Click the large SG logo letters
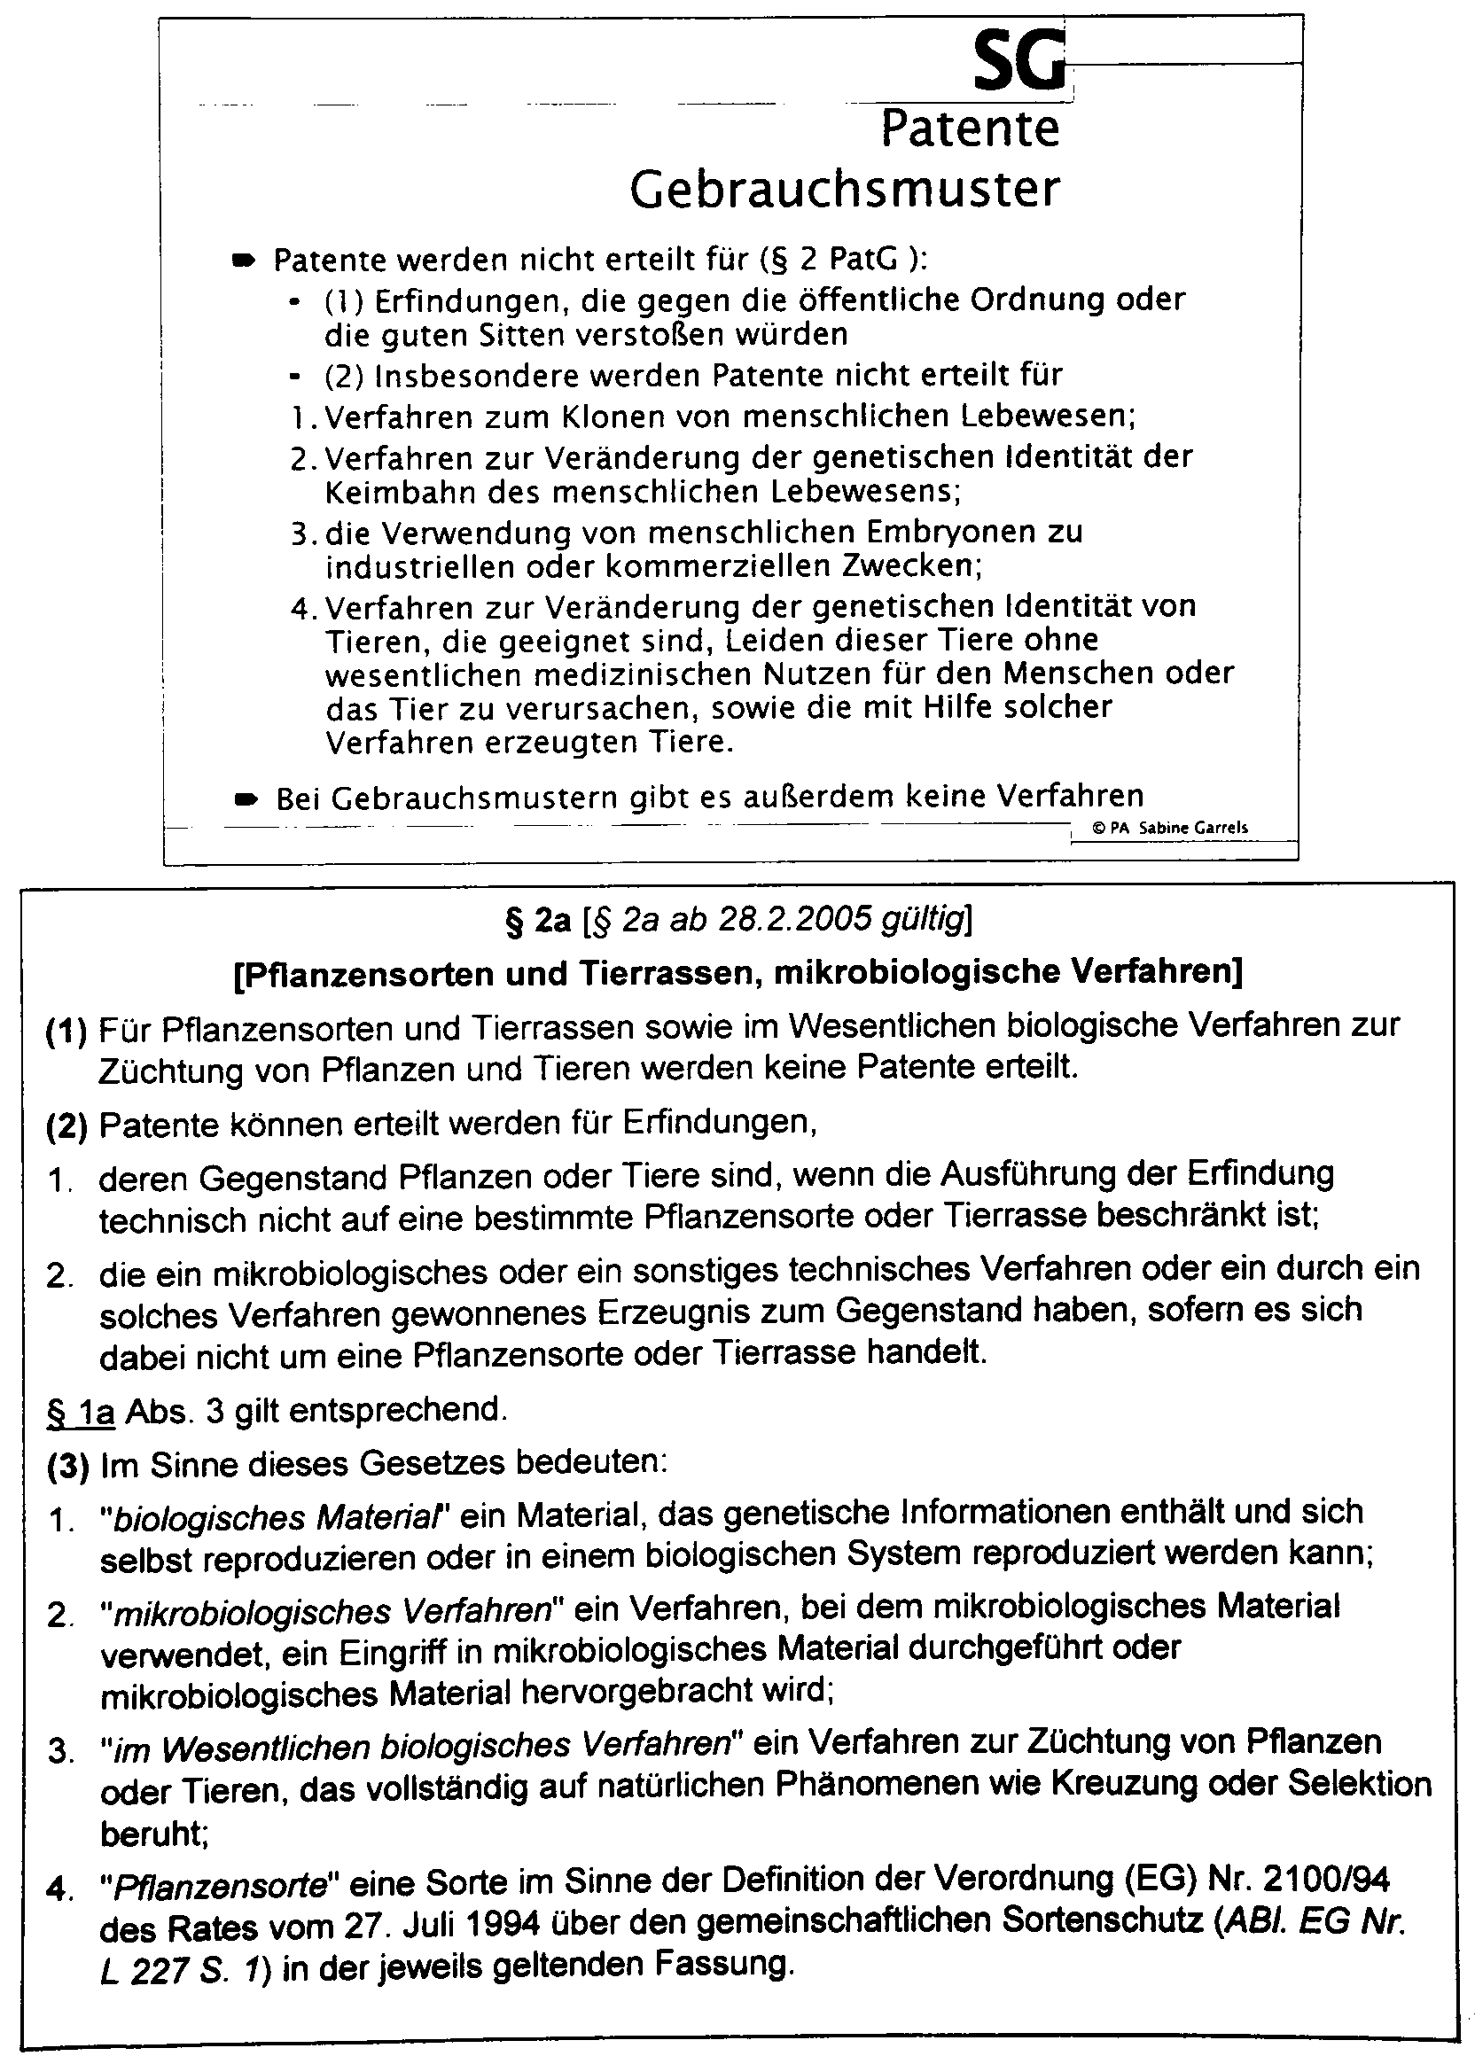point(1018,62)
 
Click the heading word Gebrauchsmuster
point(844,190)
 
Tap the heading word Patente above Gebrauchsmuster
point(969,128)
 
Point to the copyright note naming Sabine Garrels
point(1169,827)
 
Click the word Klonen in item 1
point(613,417)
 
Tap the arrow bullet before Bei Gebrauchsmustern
point(245,798)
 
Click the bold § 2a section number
point(537,920)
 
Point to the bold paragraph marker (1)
point(66,1031)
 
